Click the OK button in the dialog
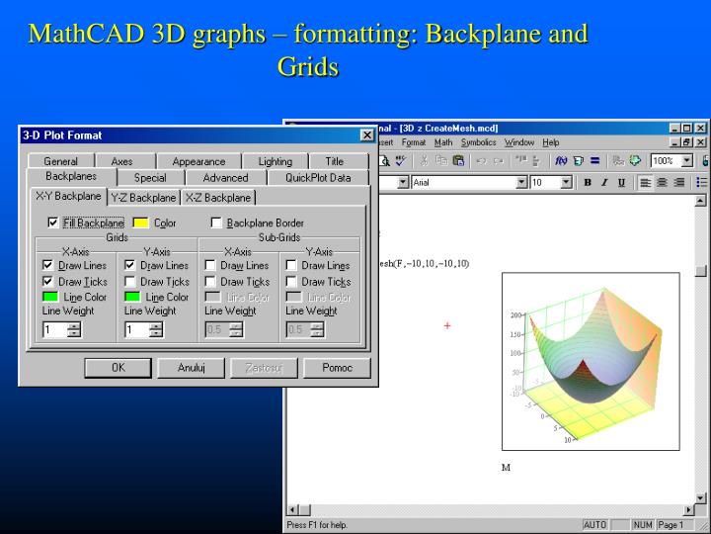tap(118, 368)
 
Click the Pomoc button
tap(337, 368)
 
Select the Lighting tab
tap(276, 161)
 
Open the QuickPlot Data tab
tap(318, 178)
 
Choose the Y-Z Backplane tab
tap(143, 198)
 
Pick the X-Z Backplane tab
tap(218, 198)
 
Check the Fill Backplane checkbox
tap(53, 223)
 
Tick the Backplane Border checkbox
tap(216, 223)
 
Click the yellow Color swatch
tap(140, 223)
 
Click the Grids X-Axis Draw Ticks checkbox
tap(48, 282)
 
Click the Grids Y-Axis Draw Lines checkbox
tap(130, 266)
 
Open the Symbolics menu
tap(479, 142)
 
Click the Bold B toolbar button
tap(588, 182)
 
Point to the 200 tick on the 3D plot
tap(515, 315)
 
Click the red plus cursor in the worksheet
tap(447, 325)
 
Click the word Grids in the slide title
tap(308, 67)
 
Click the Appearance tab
tap(198, 161)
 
